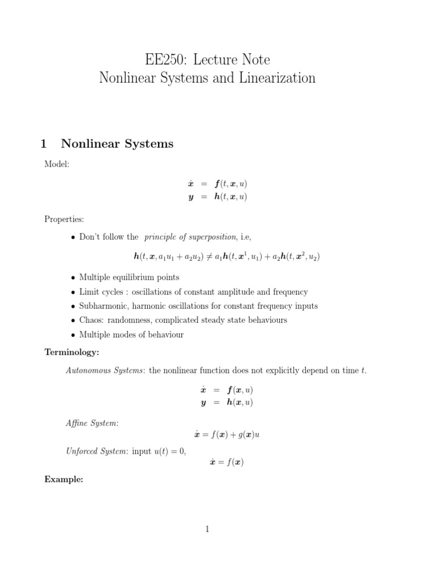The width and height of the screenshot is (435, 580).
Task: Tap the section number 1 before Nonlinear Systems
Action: tap(44, 144)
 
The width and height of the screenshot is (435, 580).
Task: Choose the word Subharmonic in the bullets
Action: tap(103, 306)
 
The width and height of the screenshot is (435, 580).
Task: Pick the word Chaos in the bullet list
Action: tap(91, 320)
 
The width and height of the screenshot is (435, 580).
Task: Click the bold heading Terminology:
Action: tap(72, 352)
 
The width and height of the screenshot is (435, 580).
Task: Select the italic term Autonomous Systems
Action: tap(105, 370)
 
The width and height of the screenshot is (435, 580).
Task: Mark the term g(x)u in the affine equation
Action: tap(246, 434)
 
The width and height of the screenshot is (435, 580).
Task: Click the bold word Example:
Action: tap(64, 479)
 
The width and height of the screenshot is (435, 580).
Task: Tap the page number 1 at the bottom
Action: tap(207, 529)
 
